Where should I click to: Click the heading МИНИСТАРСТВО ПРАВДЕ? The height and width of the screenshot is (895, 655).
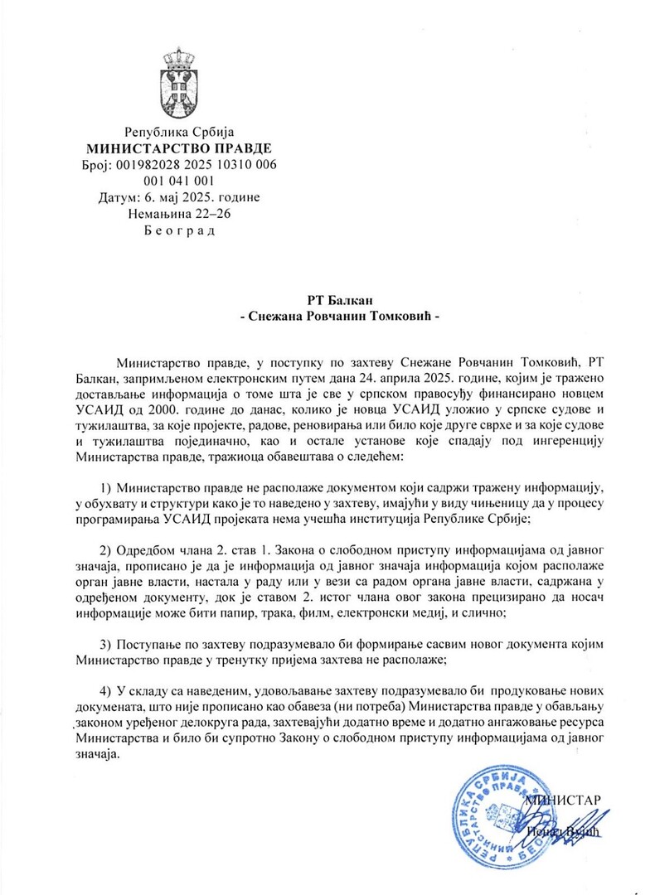pyautogui.click(x=179, y=148)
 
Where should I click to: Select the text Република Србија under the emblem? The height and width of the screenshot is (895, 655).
pyautogui.click(x=179, y=132)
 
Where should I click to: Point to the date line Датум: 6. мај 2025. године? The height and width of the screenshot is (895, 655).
pyautogui.click(x=179, y=198)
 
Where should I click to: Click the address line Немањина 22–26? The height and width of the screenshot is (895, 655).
pyautogui.click(x=179, y=215)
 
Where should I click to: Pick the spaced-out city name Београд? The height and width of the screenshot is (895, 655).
pyautogui.click(x=179, y=231)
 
